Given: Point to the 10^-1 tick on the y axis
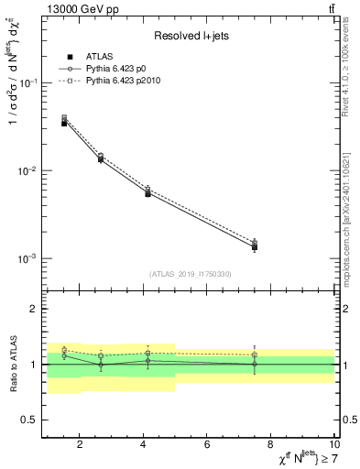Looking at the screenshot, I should click(x=30, y=83).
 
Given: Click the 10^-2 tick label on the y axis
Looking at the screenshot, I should click(x=30, y=171).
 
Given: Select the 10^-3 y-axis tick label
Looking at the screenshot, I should click(x=30, y=259).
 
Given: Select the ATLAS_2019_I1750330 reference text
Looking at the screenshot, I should click(x=190, y=274).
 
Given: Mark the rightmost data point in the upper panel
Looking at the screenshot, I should click(x=255, y=246).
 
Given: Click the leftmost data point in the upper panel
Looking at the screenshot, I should click(x=64, y=122).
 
